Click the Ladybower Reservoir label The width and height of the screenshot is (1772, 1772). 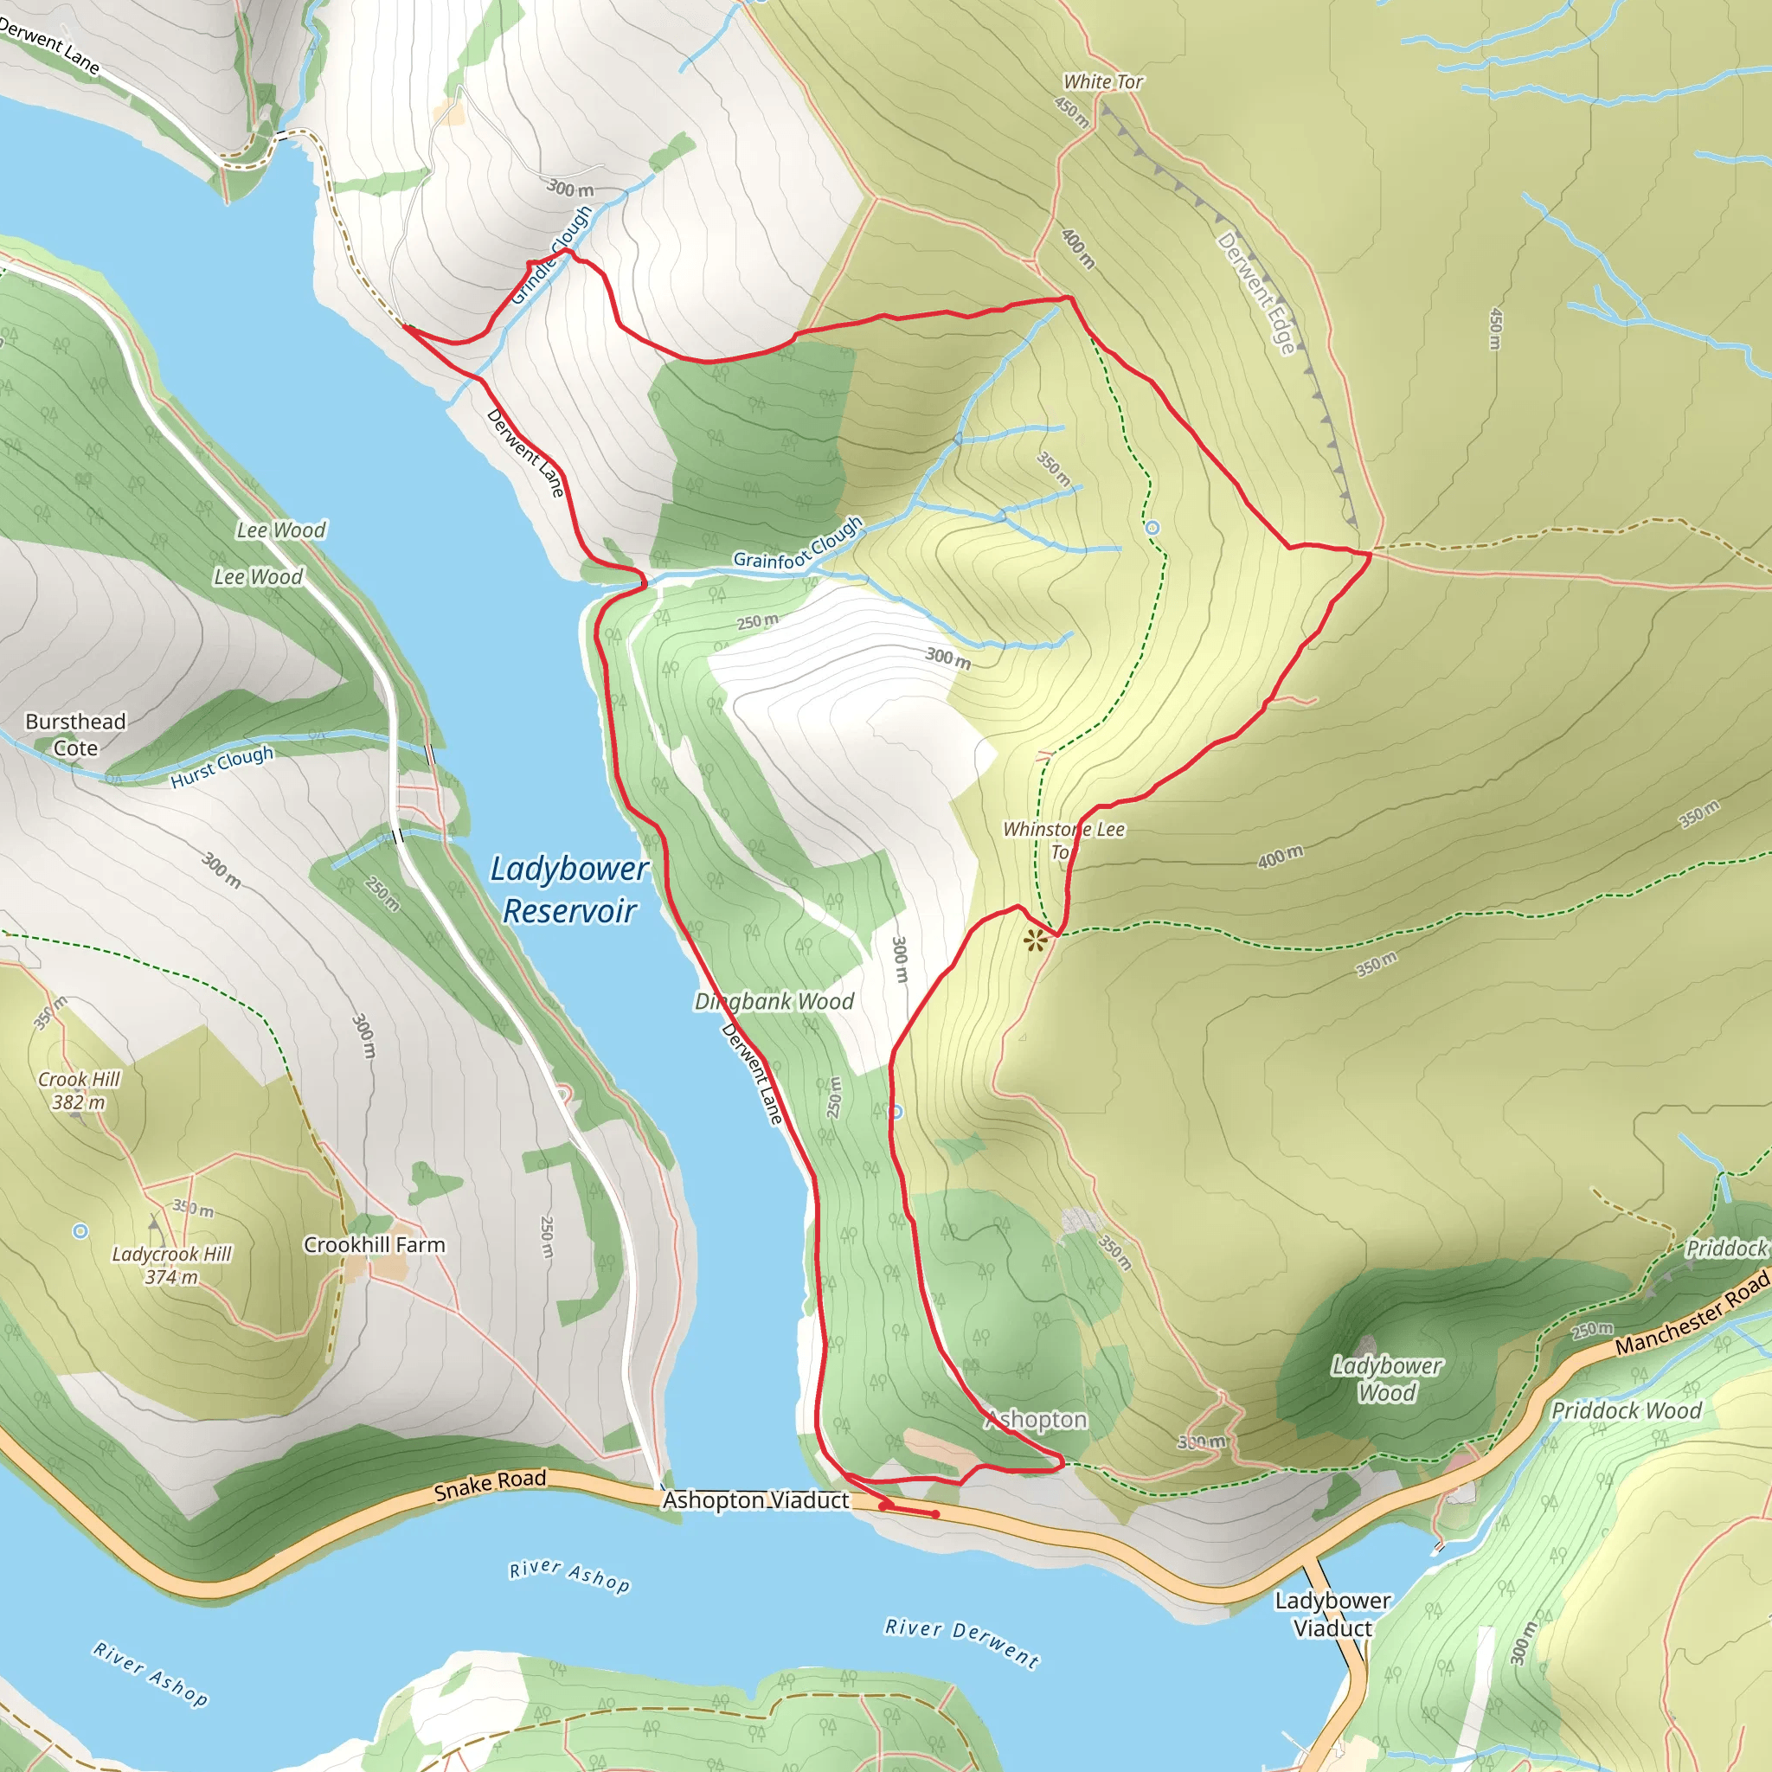pos(568,889)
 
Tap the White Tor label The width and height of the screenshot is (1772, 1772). pos(1102,81)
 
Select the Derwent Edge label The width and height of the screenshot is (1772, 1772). pos(1256,292)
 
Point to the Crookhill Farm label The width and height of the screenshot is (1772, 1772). pos(374,1244)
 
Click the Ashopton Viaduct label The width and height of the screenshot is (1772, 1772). pos(755,1499)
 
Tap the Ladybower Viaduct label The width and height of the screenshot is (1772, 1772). pos(1332,1614)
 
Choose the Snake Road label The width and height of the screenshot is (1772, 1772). pos(490,1484)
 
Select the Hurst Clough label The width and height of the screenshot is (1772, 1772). pos(222,767)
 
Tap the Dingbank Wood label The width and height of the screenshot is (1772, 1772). pos(774,1002)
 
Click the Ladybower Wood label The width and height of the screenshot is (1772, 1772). pos(1387,1378)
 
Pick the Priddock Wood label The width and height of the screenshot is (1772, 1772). pos(1626,1410)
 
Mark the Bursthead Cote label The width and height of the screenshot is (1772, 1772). pos(75,735)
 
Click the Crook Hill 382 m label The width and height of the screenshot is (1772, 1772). pos(78,1090)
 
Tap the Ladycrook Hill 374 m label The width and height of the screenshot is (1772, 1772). pos(171,1265)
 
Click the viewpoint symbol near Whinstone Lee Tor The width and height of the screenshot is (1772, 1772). pos(1036,941)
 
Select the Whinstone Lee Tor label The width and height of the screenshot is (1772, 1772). pos(1063,840)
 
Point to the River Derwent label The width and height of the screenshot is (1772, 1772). pos(961,1641)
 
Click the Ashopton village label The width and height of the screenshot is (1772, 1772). pos(1037,1420)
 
